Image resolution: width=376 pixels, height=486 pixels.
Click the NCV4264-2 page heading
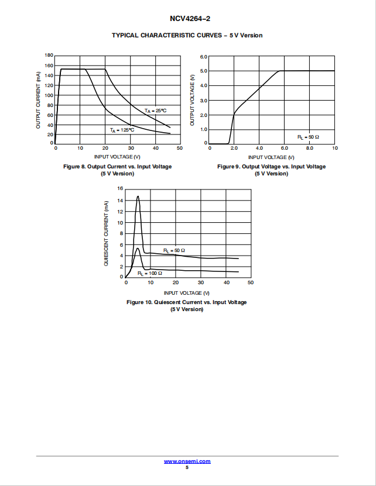coord(190,19)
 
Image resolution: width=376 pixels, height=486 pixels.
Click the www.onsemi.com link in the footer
coord(187,461)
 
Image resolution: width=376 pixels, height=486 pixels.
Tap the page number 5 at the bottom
coord(187,467)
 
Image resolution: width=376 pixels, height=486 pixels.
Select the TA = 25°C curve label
coord(156,111)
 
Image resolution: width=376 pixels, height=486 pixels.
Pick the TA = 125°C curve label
coord(122,130)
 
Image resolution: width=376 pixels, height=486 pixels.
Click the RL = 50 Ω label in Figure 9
coord(308,137)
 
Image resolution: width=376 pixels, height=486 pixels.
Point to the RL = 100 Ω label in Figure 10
coord(150,273)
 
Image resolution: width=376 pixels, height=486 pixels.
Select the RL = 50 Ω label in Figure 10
coord(174,250)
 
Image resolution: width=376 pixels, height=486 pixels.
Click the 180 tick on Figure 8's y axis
coord(49,55)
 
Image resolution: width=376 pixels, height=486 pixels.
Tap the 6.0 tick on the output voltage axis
coord(204,57)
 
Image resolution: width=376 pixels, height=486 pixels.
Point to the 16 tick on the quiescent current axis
coord(120,188)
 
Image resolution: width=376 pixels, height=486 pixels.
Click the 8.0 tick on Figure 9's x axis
coord(310,148)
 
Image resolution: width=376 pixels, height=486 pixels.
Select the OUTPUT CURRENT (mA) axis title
coord(38,100)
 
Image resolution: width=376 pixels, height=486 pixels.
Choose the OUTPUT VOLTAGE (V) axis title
coord(192,100)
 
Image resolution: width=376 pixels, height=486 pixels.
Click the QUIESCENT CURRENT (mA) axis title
coord(106,233)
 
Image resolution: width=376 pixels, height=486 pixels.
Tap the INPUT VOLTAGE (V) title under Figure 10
coord(187,293)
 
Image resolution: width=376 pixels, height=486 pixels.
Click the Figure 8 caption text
coord(117,170)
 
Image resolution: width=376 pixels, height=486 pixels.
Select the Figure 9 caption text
coord(271,170)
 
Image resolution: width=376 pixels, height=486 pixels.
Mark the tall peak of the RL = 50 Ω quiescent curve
coord(138,196)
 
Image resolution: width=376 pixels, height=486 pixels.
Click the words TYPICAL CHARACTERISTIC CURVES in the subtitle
coord(167,35)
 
